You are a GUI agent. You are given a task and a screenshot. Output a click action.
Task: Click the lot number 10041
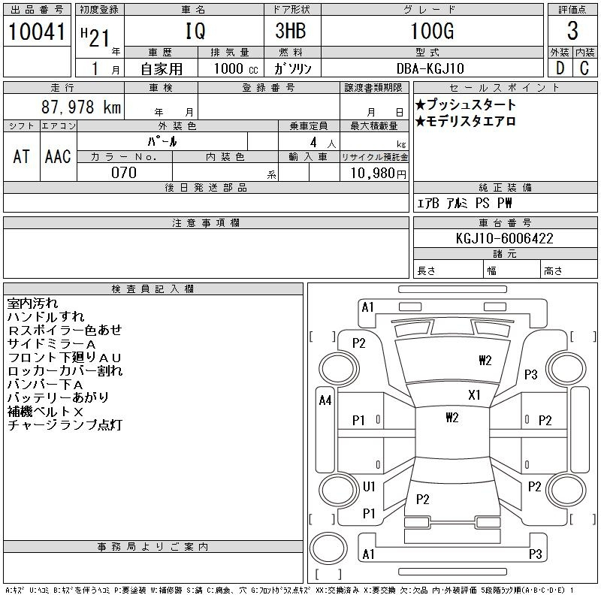click(37, 32)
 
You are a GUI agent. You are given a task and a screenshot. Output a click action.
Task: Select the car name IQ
click(195, 31)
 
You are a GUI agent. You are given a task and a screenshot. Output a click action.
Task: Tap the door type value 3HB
click(291, 31)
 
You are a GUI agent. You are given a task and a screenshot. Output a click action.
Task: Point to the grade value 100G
click(432, 31)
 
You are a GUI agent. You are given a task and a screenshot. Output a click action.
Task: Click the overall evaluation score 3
click(572, 31)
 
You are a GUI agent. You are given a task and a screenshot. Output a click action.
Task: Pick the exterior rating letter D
click(560, 68)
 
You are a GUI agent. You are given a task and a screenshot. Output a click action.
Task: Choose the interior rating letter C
click(584, 68)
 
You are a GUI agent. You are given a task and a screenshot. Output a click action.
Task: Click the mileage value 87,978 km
click(81, 107)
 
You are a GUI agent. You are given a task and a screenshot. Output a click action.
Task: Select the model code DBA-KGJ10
click(430, 68)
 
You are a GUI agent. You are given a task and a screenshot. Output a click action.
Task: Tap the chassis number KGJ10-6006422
click(504, 238)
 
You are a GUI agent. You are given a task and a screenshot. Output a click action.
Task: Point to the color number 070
click(124, 173)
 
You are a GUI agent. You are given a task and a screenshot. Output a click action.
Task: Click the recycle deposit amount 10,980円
click(378, 173)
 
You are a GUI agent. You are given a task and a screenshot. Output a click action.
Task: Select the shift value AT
click(21, 156)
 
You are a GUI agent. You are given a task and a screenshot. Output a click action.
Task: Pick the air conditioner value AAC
click(58, 156)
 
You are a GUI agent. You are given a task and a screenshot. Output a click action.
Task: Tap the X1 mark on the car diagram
click(474, 395)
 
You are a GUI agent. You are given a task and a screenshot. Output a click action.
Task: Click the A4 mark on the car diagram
click(325, 400)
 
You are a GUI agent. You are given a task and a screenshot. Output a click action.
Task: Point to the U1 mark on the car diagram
click(369, 487)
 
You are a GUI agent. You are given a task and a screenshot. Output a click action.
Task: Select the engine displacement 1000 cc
click(236, 68)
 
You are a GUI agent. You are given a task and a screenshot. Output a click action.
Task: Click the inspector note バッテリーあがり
click(58, 397)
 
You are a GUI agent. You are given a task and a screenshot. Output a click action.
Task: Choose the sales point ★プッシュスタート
click(465, 104)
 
